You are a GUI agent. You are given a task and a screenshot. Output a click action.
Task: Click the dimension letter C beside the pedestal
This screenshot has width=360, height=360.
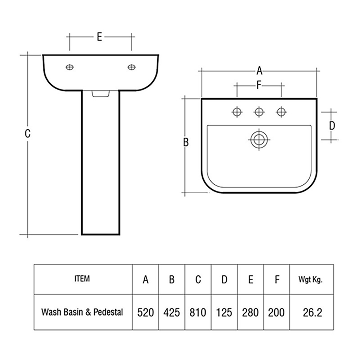pyautogui.click(x=27, y=133)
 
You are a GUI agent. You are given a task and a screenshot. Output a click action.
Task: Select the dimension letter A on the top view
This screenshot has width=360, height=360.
pyautogui.click(x=259, y=71)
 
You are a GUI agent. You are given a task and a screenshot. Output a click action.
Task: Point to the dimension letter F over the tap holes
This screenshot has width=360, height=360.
pyautogui.click(x=259, y=85)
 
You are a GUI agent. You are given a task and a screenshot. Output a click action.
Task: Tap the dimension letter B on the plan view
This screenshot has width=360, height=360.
pyautogui.click(x=186, y=142)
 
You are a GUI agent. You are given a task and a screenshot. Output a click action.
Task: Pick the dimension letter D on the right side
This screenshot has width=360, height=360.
pyautogui.click(x=332, y=126)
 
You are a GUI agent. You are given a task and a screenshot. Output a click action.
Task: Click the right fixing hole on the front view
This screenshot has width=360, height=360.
pyautogui.click(x=132, y=67)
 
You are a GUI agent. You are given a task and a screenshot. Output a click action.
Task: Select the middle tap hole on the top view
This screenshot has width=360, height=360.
pyautogui.click(x=258, y=112)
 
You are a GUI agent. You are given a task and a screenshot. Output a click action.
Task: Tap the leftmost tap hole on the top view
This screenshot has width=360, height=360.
pyautogui.click(x=237, y=112)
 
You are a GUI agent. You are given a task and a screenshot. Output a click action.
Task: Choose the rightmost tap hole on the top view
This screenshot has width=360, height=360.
pyautogui.click(x=280, y=112)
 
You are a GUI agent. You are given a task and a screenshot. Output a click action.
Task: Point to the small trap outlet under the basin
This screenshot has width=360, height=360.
pyautogui.click(x=100, y=94)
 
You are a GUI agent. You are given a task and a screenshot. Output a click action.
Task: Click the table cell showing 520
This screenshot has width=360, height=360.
pyautogui.click(x=145, y=312)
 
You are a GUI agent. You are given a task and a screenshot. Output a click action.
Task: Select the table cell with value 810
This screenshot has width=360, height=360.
pyautogui.click(x=198, y=312)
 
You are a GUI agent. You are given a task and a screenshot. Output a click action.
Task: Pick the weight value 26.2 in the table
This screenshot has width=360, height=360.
pyautogui.click(x=312, y=312)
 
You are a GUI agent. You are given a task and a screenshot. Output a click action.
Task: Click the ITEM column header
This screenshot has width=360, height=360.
pyautogui.click(x=82, y=279)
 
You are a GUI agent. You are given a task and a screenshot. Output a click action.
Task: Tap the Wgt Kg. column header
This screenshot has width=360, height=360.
pyautogui.click(x=310, y=279)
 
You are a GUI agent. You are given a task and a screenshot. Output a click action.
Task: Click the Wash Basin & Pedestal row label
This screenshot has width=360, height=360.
pyautogui.click(x=82, y=312)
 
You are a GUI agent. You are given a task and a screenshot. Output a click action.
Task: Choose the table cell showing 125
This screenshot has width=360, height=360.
pyautogui.click(x=224, y=312)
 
